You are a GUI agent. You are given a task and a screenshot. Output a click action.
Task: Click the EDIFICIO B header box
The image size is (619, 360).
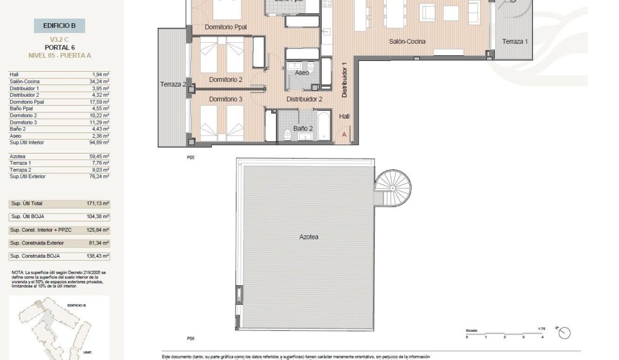[59, 26]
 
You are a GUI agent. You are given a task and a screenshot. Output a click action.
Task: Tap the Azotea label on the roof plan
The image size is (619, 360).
[308, 237]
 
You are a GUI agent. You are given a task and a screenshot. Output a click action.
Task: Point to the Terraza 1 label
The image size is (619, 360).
[515, 42]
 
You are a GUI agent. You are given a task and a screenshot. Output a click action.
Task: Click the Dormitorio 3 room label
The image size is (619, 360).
[225, 99]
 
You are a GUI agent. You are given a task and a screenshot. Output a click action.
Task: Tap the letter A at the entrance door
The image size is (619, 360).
[345, 134]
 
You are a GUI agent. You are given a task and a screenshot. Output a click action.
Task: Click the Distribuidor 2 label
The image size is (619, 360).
[304, 99]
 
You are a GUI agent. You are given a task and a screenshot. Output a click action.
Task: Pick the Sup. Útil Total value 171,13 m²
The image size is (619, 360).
[99, 204]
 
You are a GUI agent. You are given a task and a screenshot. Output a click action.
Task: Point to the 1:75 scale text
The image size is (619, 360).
[541, 328]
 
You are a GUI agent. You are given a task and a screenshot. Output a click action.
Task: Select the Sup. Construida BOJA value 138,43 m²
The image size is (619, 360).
[99, 256]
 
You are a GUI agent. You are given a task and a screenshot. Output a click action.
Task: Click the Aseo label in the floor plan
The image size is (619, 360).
[302, 73]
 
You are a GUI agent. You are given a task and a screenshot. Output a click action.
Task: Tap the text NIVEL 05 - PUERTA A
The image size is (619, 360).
[59, 55]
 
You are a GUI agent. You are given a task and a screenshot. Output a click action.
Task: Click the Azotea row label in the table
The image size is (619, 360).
[16, 156]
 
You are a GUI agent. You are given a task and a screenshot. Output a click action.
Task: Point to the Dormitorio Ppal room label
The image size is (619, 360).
[225, 27]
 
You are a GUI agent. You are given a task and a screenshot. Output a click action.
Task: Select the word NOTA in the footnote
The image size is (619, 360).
[17, 272]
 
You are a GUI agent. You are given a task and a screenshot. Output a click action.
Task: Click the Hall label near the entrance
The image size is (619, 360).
[344, 117]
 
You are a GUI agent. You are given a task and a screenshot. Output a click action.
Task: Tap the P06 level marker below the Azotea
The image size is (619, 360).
[190, 339]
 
